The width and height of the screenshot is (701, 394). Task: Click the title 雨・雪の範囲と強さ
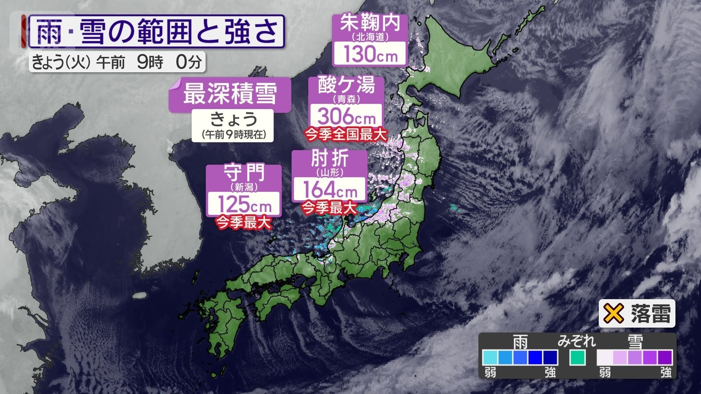pos(156,31)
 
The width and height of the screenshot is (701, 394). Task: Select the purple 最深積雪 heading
pos(230,93)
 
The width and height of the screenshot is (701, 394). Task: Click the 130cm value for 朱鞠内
pos(370,54)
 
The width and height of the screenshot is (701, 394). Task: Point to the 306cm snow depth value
pos(346,116)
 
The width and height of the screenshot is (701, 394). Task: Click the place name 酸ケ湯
pos(346,85)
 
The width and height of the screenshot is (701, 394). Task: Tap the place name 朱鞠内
pos(370,23)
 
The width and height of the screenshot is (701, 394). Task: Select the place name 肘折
pos(330,159)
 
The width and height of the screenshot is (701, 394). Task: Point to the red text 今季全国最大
pos(346,135)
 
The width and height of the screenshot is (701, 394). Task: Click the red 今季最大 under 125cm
pos(244,222)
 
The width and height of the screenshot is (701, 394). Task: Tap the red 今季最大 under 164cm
pos(329,208)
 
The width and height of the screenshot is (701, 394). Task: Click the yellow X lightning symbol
pos(614,313)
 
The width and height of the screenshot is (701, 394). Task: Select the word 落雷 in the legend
pos(651,314)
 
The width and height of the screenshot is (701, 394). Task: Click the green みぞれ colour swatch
pos(577,358)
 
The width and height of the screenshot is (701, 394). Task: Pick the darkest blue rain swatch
pos(550,358)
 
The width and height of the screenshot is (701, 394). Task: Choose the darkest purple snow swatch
pos(665,358)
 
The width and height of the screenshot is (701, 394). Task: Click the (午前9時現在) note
pos(233,135)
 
